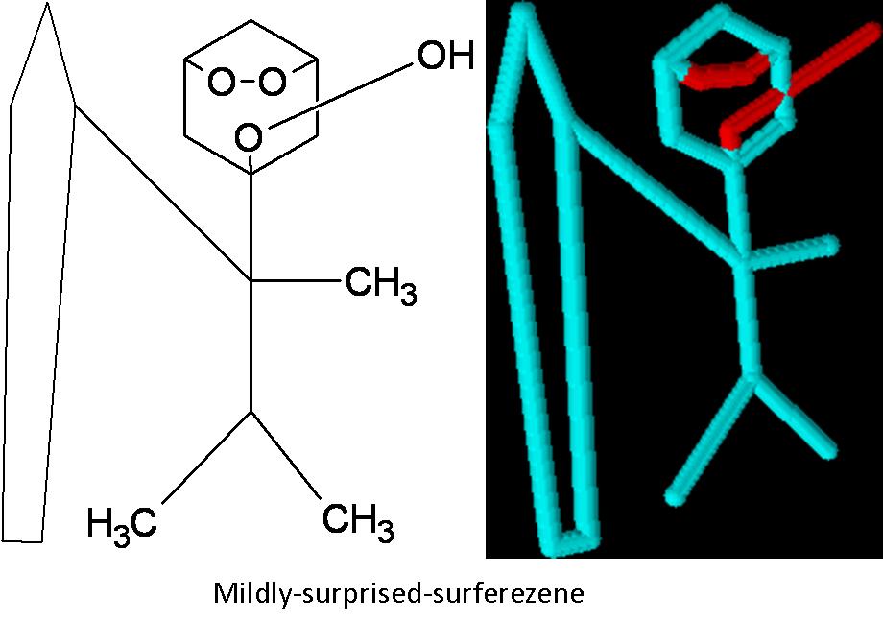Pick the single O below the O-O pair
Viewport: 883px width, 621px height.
(x=249, y=138)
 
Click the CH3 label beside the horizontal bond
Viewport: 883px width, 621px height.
(x=381, y=286)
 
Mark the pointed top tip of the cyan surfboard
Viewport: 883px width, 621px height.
(x=523, y=12)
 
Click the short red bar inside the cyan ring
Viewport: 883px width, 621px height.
(x=722, y=73)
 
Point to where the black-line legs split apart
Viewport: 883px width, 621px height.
(x=251, y=413)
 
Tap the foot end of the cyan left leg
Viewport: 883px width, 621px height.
(x=675, y=495)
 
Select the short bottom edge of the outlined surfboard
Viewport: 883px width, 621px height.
(x=23, y=539)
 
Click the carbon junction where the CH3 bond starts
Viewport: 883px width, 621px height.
(x=251, y=280)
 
